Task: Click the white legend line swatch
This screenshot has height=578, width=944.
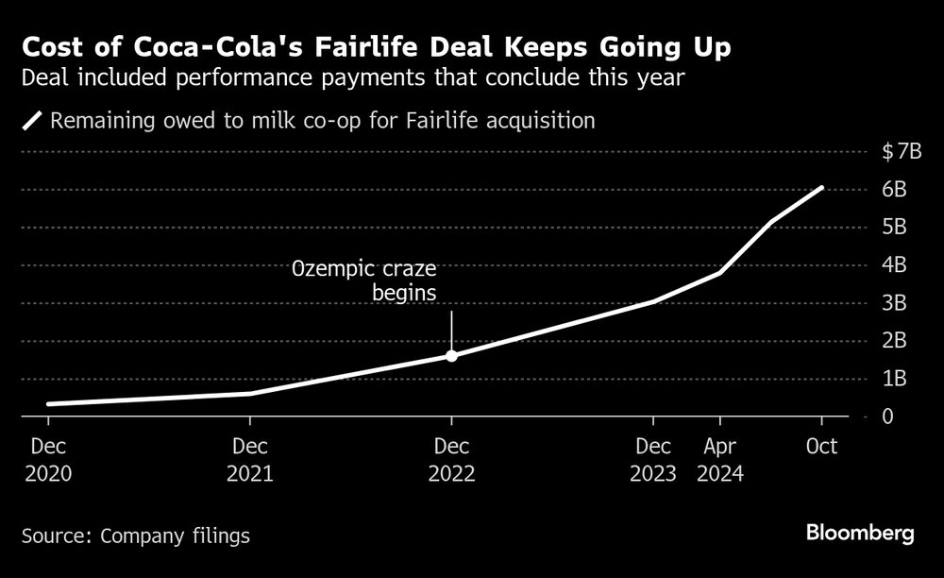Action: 33,121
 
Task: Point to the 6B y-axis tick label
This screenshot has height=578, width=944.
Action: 894,190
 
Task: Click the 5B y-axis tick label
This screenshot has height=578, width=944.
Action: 894,228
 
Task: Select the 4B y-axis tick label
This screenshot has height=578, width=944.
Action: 894,265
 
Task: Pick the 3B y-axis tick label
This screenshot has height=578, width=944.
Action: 894,303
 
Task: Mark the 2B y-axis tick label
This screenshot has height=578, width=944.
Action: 894,341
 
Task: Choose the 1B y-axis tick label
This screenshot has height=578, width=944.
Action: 894,379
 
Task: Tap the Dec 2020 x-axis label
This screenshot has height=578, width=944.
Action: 48,459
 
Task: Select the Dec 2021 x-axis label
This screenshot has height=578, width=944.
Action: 249,459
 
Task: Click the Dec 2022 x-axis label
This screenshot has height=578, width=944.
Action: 451,459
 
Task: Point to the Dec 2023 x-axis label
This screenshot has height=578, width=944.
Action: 653,459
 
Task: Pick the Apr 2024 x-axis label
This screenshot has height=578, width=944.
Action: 720,459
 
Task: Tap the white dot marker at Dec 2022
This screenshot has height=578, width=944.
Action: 451,356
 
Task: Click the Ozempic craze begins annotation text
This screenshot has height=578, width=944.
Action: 377,280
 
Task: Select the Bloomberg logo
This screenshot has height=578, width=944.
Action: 860,534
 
